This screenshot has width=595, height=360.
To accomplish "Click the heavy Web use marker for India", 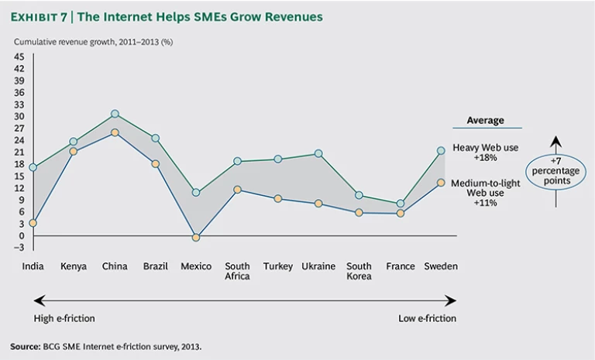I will [x=33, y=167].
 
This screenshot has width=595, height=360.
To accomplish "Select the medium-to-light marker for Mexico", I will [x=196, y=238].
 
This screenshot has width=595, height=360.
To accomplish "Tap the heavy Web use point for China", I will [x=115, y=114].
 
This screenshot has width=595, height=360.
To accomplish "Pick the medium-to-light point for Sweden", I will [x=440, y=183].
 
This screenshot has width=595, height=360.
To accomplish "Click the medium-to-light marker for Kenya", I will [x=74, y=152].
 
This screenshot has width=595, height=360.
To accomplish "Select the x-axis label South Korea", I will [x=359, y=271].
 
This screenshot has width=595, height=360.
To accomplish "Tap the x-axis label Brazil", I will [x=155, y=266].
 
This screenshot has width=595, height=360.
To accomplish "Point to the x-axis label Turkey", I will [x=277, y=266].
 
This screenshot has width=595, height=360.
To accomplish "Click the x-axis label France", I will [x=400, y=266].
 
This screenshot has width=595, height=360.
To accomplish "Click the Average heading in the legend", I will [x=485, y=121].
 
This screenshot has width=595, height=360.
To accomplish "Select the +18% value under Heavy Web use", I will [x=485, y=157].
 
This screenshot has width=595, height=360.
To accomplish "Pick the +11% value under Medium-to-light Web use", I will [x=485, y=203].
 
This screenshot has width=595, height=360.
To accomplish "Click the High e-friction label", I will [x=64, y=318].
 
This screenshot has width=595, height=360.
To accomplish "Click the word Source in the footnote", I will [x=28, y=345].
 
